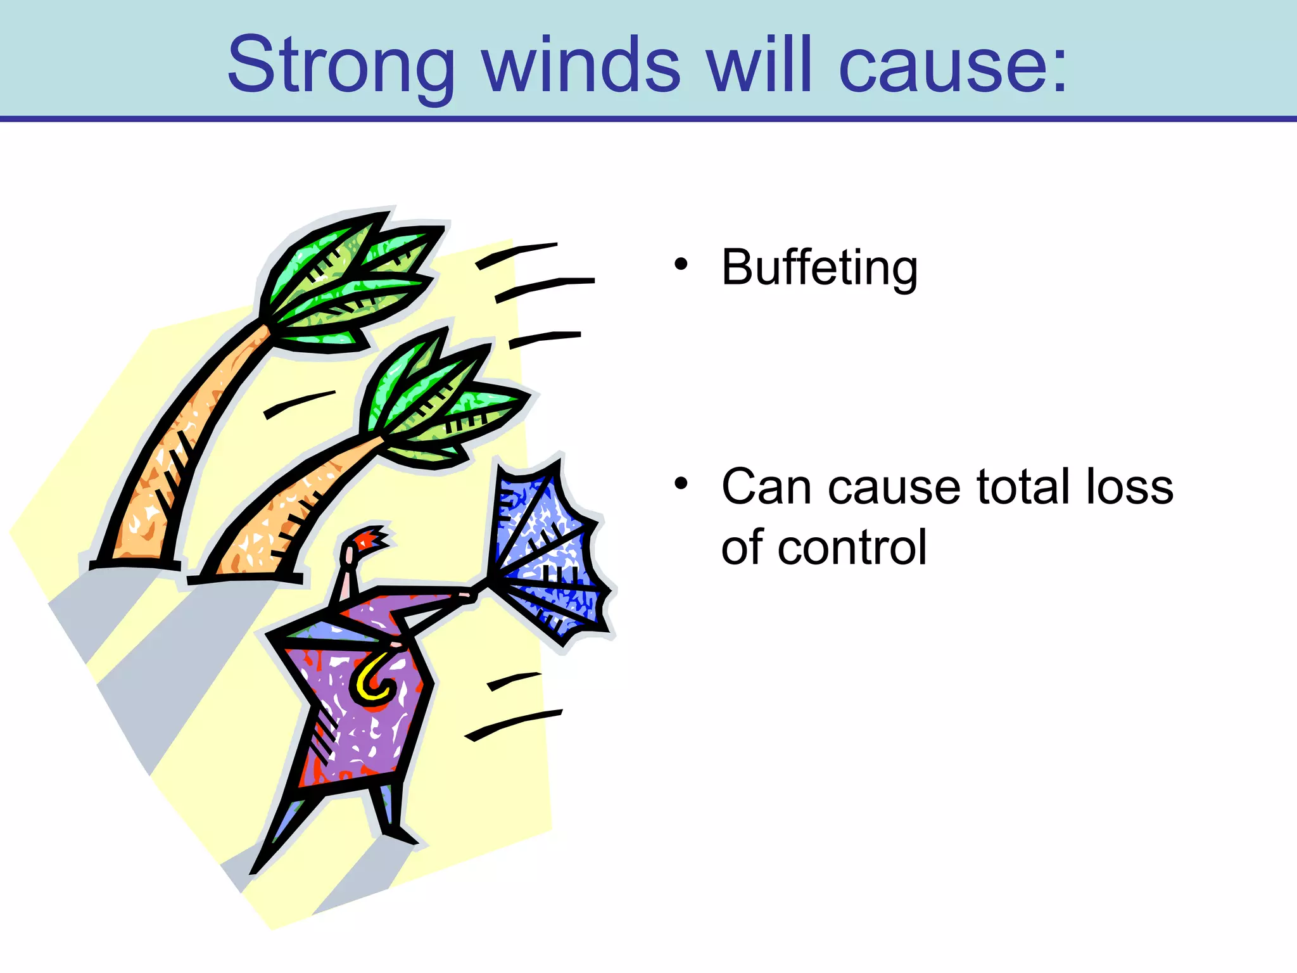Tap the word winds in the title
coord(581,65)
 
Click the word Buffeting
coord(819,268)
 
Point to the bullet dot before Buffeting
coord(681,264)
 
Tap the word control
coord(852,547)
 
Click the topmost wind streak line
coord(516,255)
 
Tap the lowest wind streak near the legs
coord(513,725)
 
